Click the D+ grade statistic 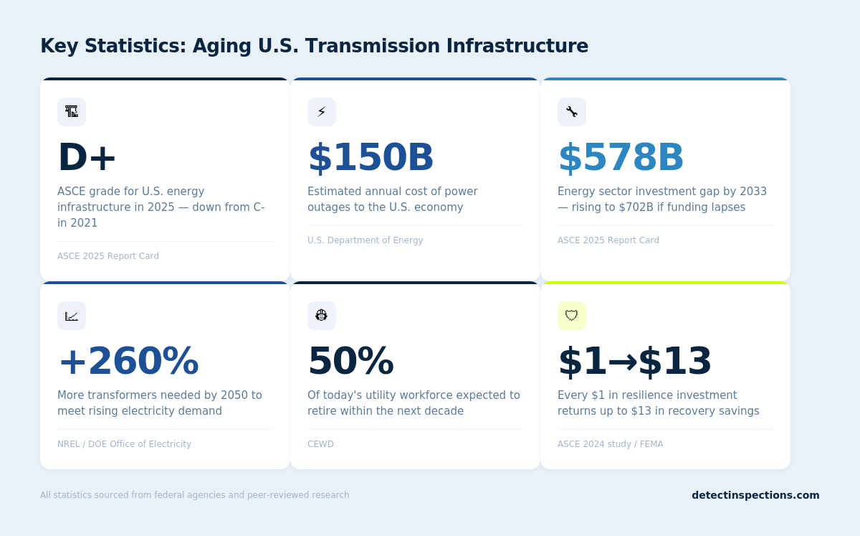(x=87, y=158)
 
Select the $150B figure (x=371, y=158)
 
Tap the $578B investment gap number (x=621, y=158)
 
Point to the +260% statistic (x=128, y=362)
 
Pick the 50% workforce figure (x=350, y=362)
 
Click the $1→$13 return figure (x=634, y=362)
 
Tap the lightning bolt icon (x=322, y=112)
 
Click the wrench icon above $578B (x=572, y=112)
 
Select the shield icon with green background (x=572, y=316)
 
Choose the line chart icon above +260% (x=72, y=316)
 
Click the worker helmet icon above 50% (x=322, y=316)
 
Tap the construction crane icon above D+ (x=72, y=112)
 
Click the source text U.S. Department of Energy (x=365, y=240)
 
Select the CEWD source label (x=320, y=444)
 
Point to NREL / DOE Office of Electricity (x=124, y=444)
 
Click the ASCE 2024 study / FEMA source (x=610, y=444)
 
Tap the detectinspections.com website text (x=755, y=495)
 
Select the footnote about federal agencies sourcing (x=194, y=495)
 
